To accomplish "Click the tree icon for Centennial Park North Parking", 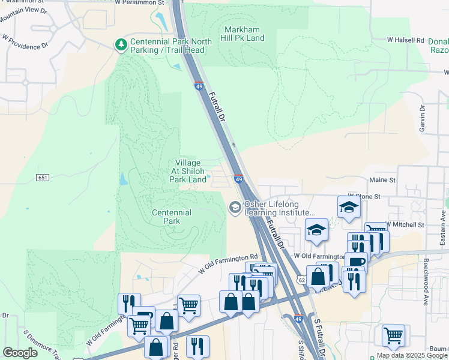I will (x=121, y=44).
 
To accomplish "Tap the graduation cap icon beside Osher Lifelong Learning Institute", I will (x=235, y=208).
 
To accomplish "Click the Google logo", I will (x=20, y=353).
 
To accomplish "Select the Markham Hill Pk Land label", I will (x=244, y=34).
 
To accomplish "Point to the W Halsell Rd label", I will (x=405, y=40).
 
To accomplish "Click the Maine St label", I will (x=382, y=179).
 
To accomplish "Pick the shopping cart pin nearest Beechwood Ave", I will (x=393, y=335).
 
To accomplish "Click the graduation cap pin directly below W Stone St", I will (x=348, y=208).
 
